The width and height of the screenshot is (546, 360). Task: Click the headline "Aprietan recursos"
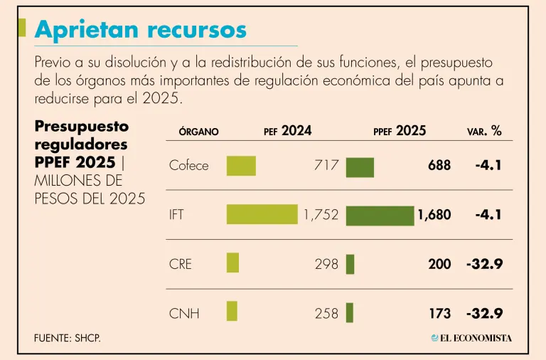[x=141, y=29]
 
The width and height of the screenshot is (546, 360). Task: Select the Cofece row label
[x=188, y=166]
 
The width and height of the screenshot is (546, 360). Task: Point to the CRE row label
[x=181, y=264]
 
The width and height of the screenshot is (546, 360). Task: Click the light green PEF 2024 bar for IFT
[x=262, y=215]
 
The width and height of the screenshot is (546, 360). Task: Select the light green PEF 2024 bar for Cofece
[x=241, y=166]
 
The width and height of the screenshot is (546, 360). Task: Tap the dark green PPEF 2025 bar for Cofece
[x=360, y=167]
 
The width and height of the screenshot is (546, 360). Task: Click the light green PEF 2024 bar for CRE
[x=232, y=263]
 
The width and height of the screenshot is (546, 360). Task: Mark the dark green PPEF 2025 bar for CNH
[x=350, y=312]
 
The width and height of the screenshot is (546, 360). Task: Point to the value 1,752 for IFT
[x=321, y=215]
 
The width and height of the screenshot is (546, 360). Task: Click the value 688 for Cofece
[x=439, y=166]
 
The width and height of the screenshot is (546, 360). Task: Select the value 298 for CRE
[x=326, y=264]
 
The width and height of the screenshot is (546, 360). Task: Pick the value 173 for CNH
[x=439, y=313]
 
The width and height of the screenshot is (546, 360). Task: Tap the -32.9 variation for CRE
[x=485, y=264]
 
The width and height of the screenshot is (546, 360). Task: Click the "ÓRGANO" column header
[x=198, y=132]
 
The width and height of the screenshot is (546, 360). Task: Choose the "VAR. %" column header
[x=484, y=131]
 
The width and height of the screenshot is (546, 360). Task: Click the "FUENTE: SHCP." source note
[x=68, y=337]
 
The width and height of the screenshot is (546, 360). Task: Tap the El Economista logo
[x=471, y=337]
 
